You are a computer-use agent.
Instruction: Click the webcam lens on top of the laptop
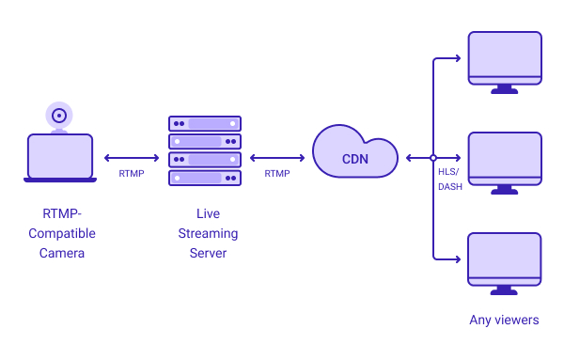tap(59, 116)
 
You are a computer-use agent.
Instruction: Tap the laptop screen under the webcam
tap(60, 156)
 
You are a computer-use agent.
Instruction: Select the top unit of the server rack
tap(205, 124)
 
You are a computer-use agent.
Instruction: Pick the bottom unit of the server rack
tap(205, 178)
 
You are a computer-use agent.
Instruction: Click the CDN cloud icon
tap(354, 151)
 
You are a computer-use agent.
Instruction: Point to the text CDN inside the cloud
tap(354, 159)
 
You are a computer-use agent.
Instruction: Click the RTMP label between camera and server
tap(132, 174)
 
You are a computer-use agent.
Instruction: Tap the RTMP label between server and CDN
tap(277, 174)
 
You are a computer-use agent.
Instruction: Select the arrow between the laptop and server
tap(132, 158)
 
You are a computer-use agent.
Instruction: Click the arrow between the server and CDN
tap(277, 158)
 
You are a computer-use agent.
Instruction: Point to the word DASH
tap(450, 186)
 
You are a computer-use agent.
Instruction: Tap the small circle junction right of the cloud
tap(433, 158)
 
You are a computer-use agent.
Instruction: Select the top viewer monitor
tap(505, 58)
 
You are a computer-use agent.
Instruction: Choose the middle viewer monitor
tap(505, 158)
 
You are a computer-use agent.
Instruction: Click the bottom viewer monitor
tap(505, 258)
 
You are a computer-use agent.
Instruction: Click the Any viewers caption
tap(504, 321)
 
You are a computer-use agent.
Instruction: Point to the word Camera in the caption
tap(62, 254)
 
